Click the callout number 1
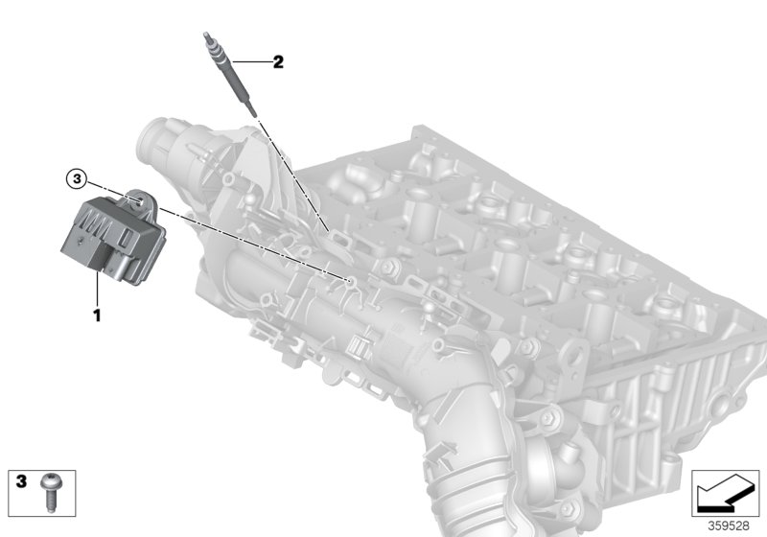click(96, 314)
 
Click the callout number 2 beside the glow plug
click(278, 63)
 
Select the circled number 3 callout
click(77, 178)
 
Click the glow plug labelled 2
click(230, 72)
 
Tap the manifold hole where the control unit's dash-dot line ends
click(350, 282)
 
